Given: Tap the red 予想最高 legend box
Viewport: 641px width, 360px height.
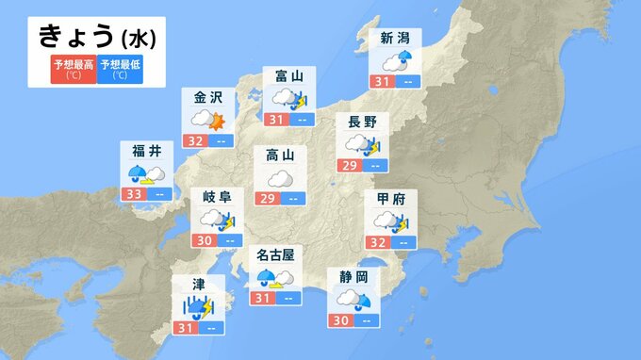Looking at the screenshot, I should (x=74, y=69).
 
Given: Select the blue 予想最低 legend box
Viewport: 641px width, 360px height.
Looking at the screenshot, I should (x=121, y=69).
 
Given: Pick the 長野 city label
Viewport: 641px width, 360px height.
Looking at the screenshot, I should (x=363, y=121).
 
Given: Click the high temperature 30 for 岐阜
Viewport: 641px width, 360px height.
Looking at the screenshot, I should (x=203, y=240).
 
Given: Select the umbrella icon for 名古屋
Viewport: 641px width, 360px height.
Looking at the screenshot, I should (x=270, y=278).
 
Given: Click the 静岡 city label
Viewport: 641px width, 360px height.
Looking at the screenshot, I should (x=354, y=276).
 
